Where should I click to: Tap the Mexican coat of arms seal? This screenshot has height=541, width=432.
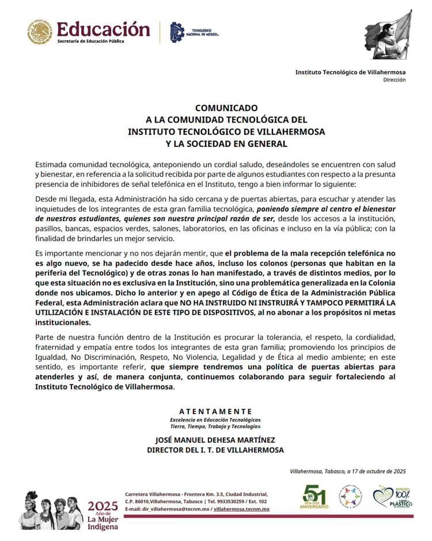40,32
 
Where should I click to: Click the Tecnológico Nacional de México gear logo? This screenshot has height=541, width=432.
178,32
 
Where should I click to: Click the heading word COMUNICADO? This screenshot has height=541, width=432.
226,108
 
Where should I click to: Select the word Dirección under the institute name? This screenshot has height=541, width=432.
394,80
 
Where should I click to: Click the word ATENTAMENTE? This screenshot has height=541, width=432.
215,411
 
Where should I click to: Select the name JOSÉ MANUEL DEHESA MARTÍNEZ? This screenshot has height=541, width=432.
215,440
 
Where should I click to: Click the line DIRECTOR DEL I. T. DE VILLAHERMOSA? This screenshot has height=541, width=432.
215,450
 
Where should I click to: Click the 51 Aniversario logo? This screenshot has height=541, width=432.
316,497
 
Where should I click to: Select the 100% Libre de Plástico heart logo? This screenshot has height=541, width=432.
392,496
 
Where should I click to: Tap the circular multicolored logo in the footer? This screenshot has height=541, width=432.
351,496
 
